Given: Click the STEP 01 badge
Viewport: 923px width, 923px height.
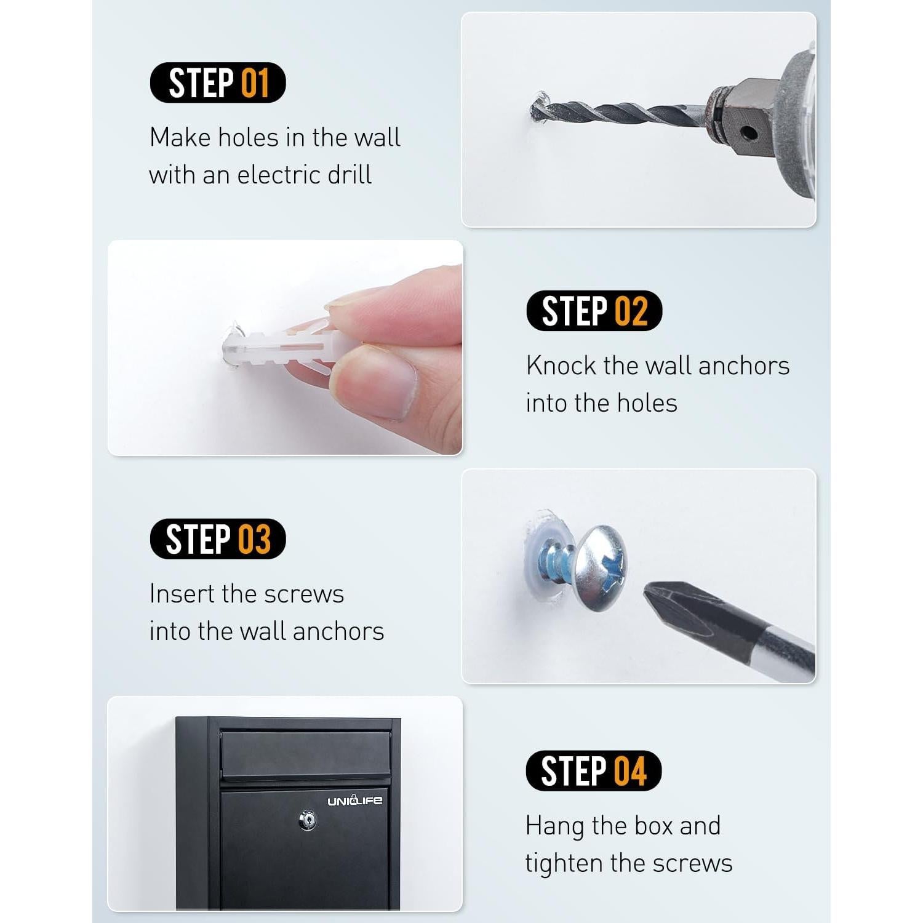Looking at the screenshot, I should [218, 83].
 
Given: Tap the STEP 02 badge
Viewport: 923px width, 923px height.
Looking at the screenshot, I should [594, 311].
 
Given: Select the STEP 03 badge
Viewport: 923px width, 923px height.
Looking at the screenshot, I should [218, 539].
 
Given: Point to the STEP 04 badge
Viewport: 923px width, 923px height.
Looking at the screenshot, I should [593, 770].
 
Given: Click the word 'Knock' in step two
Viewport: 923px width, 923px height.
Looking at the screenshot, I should [561, 366].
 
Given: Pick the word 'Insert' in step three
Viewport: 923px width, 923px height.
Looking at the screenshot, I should [182, 594].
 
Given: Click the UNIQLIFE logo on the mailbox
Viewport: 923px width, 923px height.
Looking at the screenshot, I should [354, 801].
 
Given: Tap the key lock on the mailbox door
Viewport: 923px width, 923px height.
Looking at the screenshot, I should [307, 820].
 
